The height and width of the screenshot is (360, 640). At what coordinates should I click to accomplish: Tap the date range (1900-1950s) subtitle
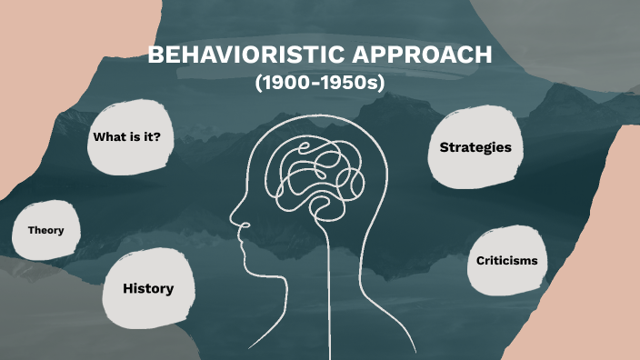320,83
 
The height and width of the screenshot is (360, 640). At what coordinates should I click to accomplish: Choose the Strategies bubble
475,147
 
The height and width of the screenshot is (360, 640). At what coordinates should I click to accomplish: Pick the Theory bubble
45,230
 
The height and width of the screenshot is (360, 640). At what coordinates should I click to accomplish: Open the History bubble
148,288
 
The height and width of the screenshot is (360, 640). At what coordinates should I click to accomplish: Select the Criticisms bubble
506,261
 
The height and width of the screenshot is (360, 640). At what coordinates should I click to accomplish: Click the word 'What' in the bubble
108,137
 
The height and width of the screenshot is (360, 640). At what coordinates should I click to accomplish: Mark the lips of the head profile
241,244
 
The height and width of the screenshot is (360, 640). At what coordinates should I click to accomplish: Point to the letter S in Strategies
445,147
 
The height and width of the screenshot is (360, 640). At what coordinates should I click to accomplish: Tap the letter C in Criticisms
481,261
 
